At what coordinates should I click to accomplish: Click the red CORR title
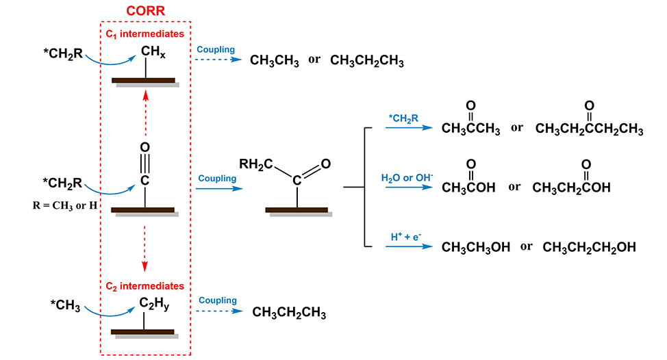coord(145,11)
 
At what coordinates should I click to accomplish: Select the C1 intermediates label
coord(145,33)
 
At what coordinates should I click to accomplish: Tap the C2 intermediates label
coord(145,285)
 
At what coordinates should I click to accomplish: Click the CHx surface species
coord(154,49)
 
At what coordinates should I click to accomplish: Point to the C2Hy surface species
coord(154,305)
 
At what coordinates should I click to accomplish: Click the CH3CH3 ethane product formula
coord(274,61)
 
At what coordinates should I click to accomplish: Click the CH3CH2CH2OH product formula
coord(589,247)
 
